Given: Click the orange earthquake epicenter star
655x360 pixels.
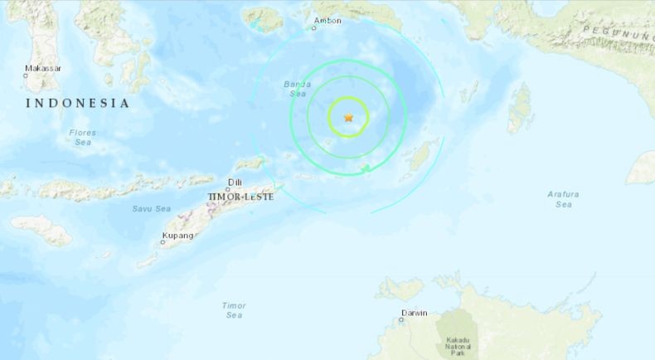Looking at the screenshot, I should (x=349, y=118).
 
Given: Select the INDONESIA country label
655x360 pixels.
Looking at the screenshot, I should (x=78, y=104).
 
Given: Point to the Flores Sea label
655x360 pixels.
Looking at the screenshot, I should (x=82, y=137).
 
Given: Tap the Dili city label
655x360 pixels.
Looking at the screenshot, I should (x=235, y=181).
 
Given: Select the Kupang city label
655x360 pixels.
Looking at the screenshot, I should (x=178, y=236).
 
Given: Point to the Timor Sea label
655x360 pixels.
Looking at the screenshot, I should (x=234, y=309).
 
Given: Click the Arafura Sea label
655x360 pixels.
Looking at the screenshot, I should (x=563, y=198).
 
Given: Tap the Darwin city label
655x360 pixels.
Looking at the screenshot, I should (x=414, y=313).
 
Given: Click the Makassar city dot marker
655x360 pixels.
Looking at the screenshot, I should (x=25, y=75).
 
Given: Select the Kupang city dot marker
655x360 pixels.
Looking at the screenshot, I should (x=163, y=242).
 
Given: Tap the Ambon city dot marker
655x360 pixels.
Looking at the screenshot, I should (x=314, y=28).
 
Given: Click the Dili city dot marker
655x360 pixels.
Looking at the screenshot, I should (x=228, y=189).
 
